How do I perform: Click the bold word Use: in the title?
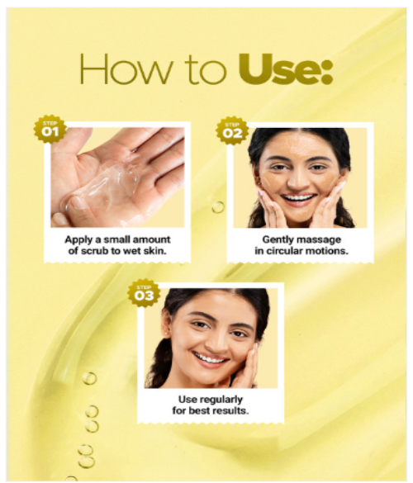[x=286, y=69]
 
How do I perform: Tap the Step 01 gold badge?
[x=50, y=130]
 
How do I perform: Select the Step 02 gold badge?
[x=232, y=130]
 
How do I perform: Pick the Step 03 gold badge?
[x=144, y=293]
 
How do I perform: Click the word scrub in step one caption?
[x=95, y=251]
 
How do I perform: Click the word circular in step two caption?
[x=284, y=251]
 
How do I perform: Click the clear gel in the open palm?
[x=105, y=185]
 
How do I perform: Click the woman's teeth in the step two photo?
[x=298, y=197]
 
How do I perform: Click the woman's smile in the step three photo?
[x=210, y=359]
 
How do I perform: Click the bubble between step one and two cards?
[x=218, y=207]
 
